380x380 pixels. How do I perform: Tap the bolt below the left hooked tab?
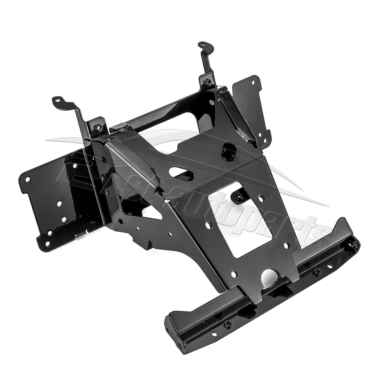[99, 127]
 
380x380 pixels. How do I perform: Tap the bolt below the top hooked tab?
[208, 83]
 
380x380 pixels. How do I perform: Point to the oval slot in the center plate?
[181, 173]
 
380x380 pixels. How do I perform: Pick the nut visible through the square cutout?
[239, 196]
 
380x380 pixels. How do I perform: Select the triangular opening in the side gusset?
[152, 213]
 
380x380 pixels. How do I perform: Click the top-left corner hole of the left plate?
[28, 179]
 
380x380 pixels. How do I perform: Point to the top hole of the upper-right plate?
[254, 83]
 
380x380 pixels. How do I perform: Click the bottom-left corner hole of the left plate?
[47, 244]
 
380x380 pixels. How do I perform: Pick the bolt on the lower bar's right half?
[317, 272]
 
